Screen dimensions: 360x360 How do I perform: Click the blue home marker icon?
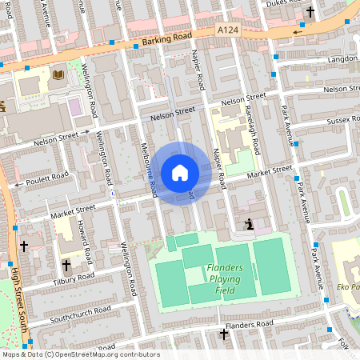point(180,173)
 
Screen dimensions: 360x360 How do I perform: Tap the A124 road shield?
point(230,29)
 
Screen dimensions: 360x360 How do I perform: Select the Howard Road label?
point(85,241)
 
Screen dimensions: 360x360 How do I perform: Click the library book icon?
point(58,75)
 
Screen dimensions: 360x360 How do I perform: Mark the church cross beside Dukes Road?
point(310,12)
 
